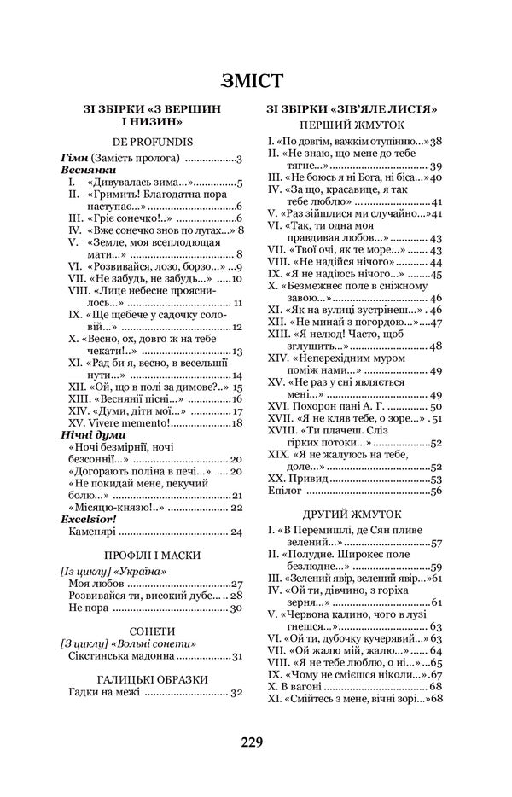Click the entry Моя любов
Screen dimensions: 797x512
coord(95,584)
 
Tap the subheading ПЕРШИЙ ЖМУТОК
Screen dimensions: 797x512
coord(352,125)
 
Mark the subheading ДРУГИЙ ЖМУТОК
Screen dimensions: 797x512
coord(352,515)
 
